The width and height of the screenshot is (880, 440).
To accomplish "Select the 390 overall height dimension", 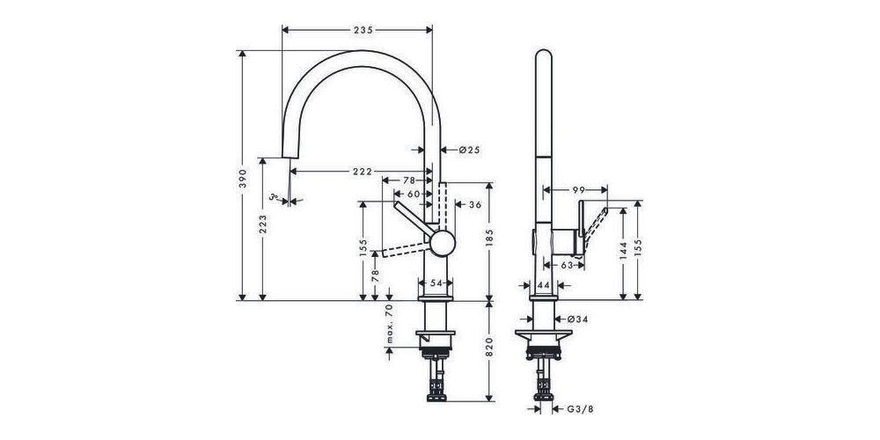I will pyautogui.click(x=244, y=179).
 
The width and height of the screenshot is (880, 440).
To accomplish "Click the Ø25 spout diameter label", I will pyautogui.click(x=468, y=150).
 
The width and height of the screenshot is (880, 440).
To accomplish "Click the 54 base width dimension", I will pyautogui.click(x=437, y=283).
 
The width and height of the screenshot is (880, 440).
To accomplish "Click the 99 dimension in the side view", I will pyautogui.click(x=578, y=189).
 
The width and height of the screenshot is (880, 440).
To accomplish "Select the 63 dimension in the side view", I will pyautogui.click(x=568, y=264).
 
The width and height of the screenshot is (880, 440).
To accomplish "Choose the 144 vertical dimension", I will pyautogui.click(x=622, y=253).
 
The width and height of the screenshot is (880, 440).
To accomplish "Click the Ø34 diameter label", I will pyautogui.click(x=577, y=318).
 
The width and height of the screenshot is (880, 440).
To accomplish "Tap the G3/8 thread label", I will pyautogui.click(x=578, y=408).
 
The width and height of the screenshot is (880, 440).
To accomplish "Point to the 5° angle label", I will pyautogui.click(x=275, y=197).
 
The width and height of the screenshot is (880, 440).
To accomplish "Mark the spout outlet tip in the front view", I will pyautogui.click(x=286, y=159).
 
